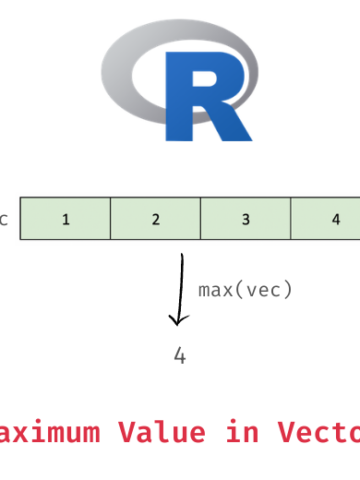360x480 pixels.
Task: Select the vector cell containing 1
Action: [65, 219]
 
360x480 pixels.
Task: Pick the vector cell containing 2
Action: [155, 219]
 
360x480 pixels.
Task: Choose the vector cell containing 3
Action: [245, 219]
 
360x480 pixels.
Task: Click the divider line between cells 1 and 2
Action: [110, 219]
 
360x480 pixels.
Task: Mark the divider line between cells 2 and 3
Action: [200, 219]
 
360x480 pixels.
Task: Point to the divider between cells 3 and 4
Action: [291, 219]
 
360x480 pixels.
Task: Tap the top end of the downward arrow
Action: [183, 256]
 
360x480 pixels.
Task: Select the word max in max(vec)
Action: [215, 290]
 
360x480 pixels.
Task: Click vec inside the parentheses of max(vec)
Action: [264, 290]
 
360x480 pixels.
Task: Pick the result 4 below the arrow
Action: [180, 355]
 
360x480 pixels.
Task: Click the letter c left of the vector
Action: [4, 219]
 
